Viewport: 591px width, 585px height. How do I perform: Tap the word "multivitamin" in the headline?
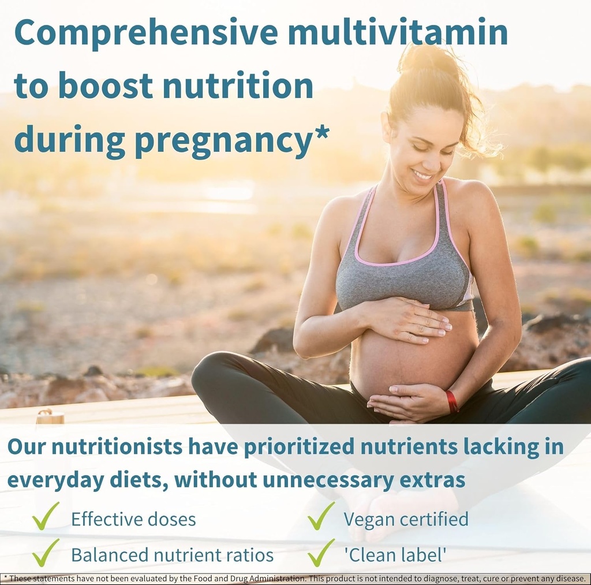coord(398,33)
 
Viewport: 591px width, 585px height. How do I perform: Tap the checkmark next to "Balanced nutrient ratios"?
coord(46,553)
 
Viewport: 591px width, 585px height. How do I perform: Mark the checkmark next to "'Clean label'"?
coord(321,553)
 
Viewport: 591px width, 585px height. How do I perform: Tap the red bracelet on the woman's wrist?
coord(451,401)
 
